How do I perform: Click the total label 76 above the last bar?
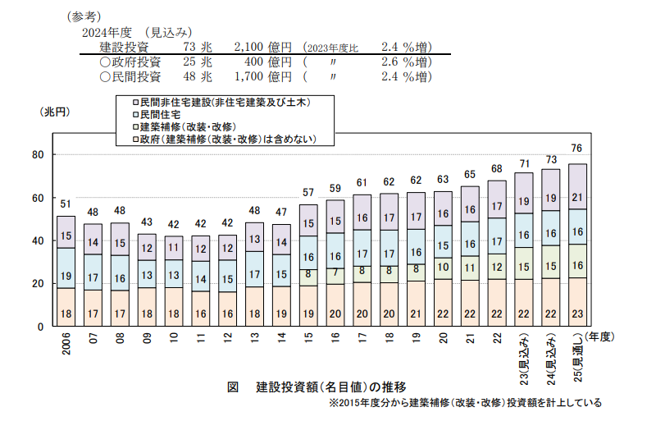[x=577, y=149]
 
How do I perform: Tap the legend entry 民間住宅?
[x=156, y=115]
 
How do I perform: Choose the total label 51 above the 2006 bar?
[x=66, y=204]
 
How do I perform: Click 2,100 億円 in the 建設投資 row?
[x=263, y=47]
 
